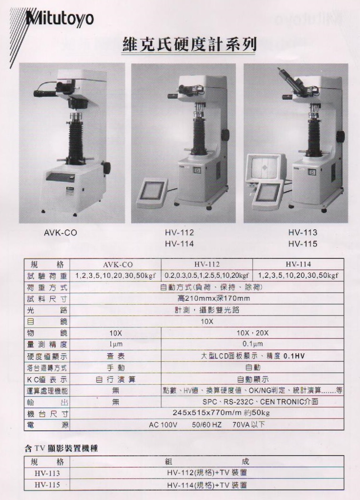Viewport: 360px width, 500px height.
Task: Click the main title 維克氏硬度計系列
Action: pyautogui.click(x=189, y=45)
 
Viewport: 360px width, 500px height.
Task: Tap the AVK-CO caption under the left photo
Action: pyautogui.click(x=61, y=233)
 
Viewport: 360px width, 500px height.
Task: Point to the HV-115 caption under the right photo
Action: pyautogui.click(x=303, y=244)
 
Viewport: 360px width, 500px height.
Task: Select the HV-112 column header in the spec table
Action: pyautogui.click(x=207, y=265)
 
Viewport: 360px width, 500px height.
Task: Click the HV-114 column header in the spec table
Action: pyautogui.click(x=298, y=264)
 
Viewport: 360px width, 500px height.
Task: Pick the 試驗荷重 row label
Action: pyautogui.click(x=47, y=276)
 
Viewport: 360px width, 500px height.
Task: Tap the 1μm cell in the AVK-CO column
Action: pyautogui.click(x=115, y=345)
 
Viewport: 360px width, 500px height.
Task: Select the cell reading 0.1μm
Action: pyautogui.click(x=253, y=344)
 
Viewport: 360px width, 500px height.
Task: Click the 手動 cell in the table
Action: pyautogui.click(x=115, y=367)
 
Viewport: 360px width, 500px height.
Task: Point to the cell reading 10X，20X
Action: pyautogui.click(x=253, y=333)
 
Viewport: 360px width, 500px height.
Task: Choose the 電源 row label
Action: pyautogui.click(x=47, y=425)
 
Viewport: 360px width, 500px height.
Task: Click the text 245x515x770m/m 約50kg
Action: pyautogui.click(x=221, y=413)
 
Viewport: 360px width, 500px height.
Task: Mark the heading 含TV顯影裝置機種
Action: pyautogui.click(x=61, y=449)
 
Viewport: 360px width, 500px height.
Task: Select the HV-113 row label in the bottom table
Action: pyautogui.click(x=47, y=473)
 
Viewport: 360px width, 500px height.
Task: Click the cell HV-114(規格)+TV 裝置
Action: pyautogui.click(x=207, y=485)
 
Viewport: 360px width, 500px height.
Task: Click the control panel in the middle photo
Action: pyautogui.click(x=153, y=193)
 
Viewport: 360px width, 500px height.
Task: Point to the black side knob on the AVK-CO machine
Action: pyautogui.click(x=106, y=167)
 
